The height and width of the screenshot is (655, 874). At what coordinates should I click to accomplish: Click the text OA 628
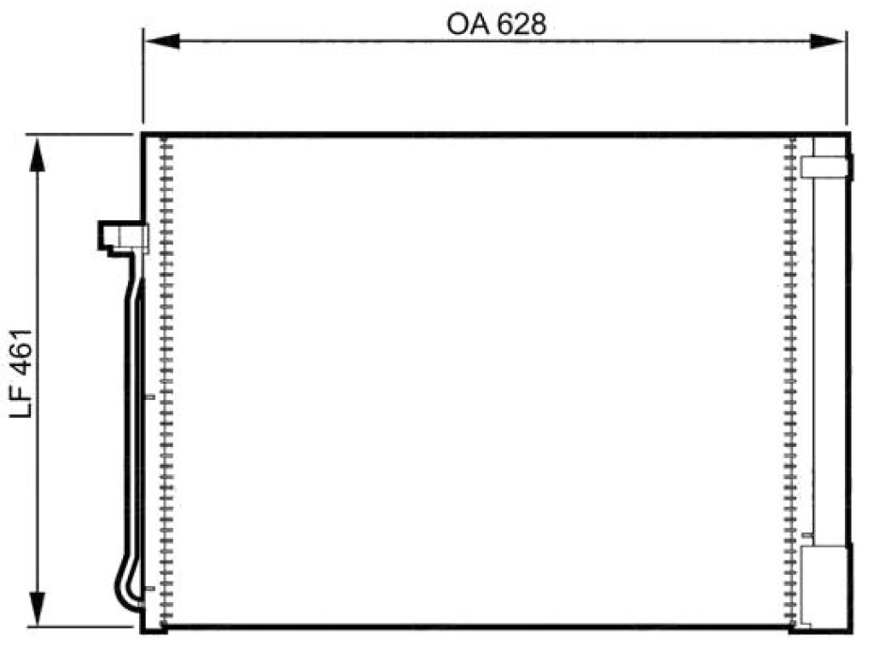pyautogui.click(x=496, y=25)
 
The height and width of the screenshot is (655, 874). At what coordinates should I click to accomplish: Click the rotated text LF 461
pyautogui.click(x=21, y=374)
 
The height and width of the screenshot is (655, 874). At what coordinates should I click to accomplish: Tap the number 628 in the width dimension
pyautogui.click(x=521, y=25)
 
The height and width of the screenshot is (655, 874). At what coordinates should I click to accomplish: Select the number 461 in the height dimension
pyautogui.click(x=21, y=352)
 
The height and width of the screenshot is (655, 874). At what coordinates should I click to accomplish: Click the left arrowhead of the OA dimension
pyautogui.click(x=162, y=41)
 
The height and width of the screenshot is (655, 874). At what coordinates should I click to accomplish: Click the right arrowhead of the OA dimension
pyautogui.click(x=828, y=41)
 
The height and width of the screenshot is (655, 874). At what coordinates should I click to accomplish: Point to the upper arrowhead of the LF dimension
pyautogui.click(x=38, y=154)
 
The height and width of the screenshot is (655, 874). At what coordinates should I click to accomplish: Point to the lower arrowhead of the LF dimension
pyautogui.click(x=38, y=608)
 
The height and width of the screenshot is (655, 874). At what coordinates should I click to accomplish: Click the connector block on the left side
pyautogui.click(x=123, y=238)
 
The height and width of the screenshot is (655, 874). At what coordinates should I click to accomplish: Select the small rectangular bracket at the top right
pyautogui.click(x=826, y=167)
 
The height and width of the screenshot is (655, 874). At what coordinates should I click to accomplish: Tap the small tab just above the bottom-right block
pyautogui.click(x=807, y=536)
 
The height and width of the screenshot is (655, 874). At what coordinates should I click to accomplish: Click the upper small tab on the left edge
pyautogui.click(x=149, y=397)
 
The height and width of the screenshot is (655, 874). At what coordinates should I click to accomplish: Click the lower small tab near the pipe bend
pyautogui.click(x=149, y=588)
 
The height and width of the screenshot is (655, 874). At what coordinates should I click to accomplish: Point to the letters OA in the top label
pyautogui.click(x=467, y=25)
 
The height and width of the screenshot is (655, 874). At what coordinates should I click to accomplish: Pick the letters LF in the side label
pyautogui.click(x=21, y=402)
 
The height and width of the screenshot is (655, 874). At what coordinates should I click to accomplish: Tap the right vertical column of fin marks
pyautogui.click(x=790, y=381)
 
